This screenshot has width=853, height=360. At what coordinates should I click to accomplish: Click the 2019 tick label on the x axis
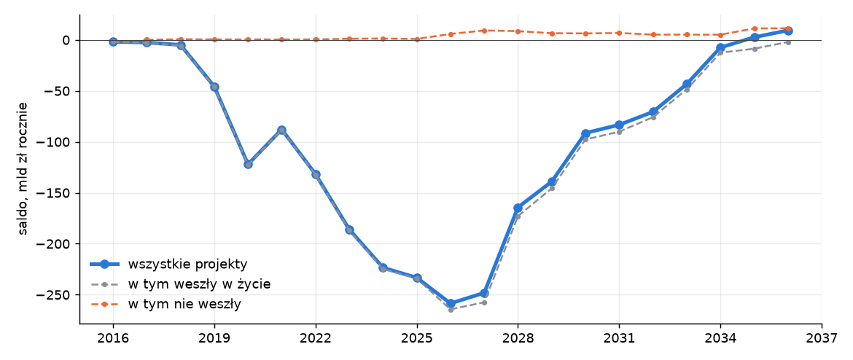(x=214, y=339)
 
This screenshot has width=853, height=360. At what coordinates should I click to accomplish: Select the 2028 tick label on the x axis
(x=518, y=339)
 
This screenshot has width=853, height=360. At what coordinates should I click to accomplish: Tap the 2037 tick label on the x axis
(x=822, y=339)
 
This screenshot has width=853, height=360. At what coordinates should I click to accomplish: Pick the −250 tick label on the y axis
(x=55, y=294)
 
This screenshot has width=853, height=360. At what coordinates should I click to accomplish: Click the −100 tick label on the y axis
(x=55, y=143)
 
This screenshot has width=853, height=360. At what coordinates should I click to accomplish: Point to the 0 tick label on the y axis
(x=66, y=40)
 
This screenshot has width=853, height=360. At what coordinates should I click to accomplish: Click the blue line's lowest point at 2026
(x=451, y=303)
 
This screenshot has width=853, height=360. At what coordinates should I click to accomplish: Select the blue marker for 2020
(x=248, y=164)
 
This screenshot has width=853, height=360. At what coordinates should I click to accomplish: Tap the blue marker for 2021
(x=282, y=130)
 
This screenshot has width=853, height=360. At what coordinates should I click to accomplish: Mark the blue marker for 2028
(x=518, y=208)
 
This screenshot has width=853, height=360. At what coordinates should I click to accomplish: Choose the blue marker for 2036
(x=787, y=31)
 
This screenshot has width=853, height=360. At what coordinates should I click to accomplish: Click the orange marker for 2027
(x=484, y=31)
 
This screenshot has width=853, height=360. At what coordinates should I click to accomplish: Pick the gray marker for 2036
(x=787, y=42)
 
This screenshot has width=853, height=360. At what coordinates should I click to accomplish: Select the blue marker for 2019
(x=214, y=87)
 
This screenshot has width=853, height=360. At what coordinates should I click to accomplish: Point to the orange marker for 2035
(x=754, y=28)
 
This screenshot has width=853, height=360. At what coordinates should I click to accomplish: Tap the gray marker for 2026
(x=451, y=310)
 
